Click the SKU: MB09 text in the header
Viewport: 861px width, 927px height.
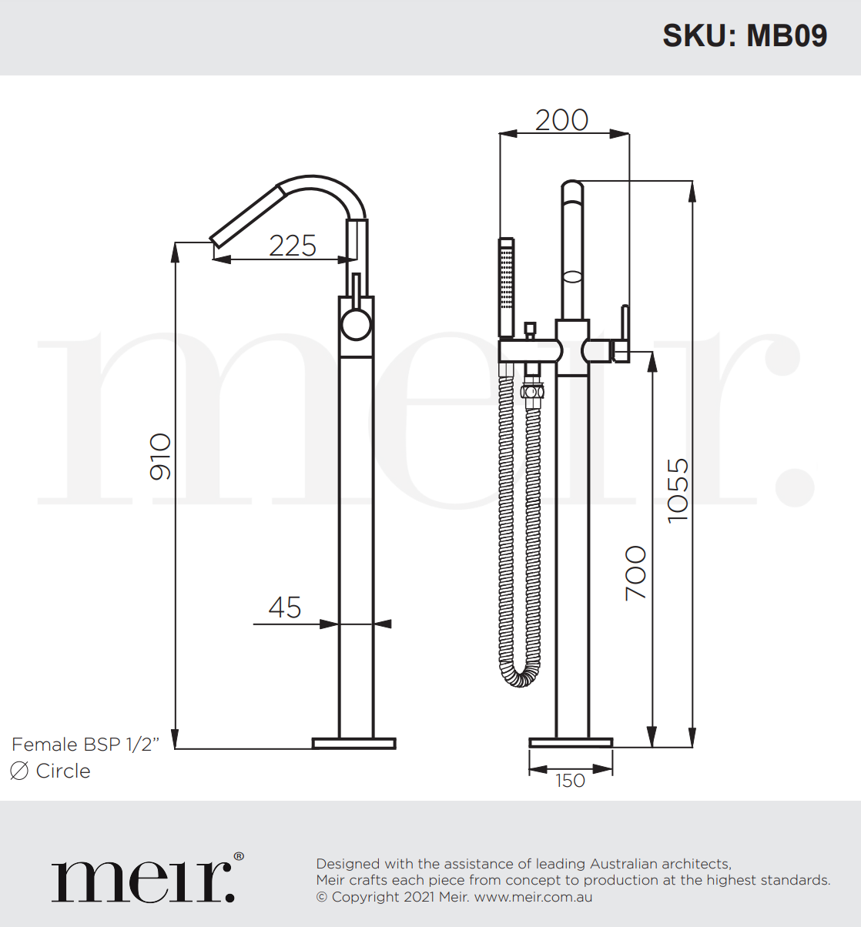pyautogui.click(x=744, y=35)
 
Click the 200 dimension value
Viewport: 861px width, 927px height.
pyautogui.click(x=561, y=119)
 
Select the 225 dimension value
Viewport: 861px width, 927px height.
pyautogui.click(x=293, y=246)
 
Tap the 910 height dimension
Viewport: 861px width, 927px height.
pyautogui.click(x=160, y=456)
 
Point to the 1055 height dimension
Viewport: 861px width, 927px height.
pyautogui.click(x=678, y=490)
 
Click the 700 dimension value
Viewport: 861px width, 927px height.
pyautogui.click(x=635, y=573)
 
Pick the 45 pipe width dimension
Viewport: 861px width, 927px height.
pyautogui.click(x=284, y=607)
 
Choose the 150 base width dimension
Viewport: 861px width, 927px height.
pyautogui.click(x=570, y=781)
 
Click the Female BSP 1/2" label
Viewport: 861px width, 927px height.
pyautogui.click(x=85, y=745)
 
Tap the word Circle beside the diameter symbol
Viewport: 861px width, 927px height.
pyautogui.click(x=63, y=771)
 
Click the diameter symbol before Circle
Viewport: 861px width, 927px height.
pyautogui.click(x=19, y=771)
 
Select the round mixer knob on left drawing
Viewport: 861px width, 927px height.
pyautogui.click(x=356, y=325)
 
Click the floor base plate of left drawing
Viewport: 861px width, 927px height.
pyautogui.click(x=353, y=743)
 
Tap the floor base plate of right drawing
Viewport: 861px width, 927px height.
pyautogui.click(x=571, y=743)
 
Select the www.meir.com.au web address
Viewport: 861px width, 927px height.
pyautogui.click(x=533, y=897)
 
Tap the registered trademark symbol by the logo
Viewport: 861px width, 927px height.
pyautogui.click(x=239, y=856)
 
